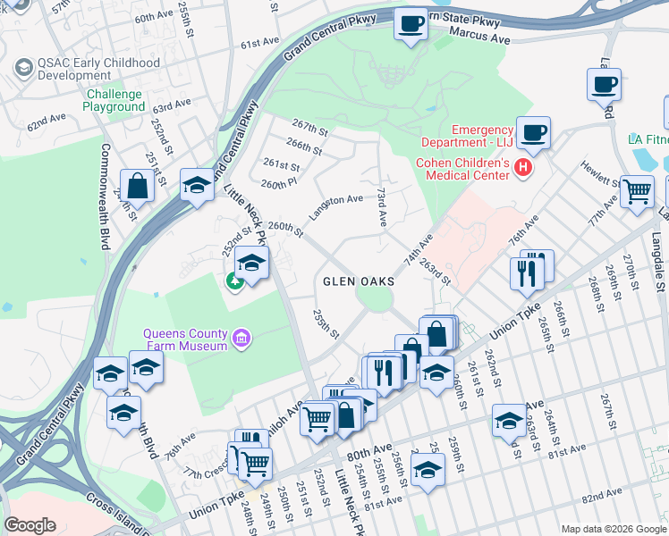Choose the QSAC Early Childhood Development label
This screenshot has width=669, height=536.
(x=81, y=70)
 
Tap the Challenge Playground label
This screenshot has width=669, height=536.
(x=114, y=101)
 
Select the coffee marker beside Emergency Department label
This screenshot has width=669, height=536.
(x=535, y=133)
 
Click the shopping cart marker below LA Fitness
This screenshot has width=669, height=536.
(x=637, y=190)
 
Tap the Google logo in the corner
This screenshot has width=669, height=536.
(x=30, y=524)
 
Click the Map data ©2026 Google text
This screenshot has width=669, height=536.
(x=614, y=529)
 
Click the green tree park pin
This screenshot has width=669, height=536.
(x=235, y=281)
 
